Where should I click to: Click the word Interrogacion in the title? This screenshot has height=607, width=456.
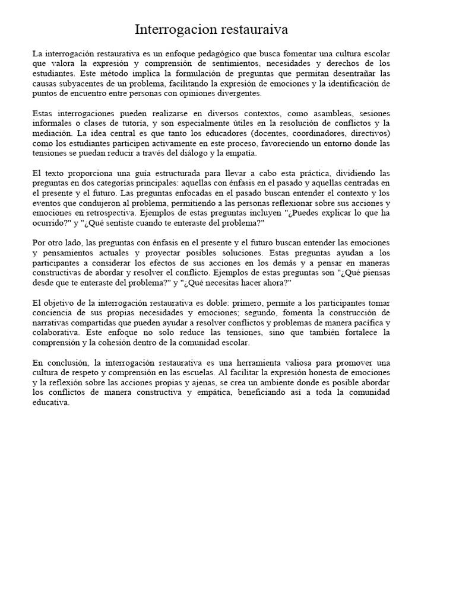tap(168, 30)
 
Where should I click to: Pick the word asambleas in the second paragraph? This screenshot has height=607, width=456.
tap(330, 113)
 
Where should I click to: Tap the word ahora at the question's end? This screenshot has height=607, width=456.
tap(275, 283)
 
